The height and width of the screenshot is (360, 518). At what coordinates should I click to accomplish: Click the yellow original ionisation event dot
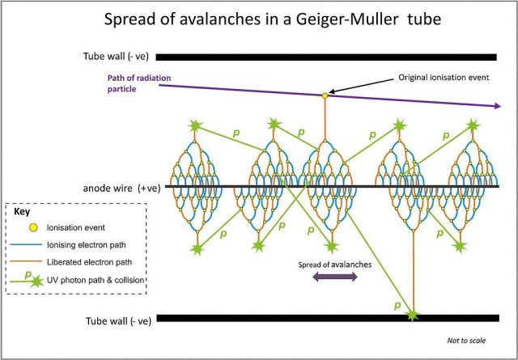(x=325, y=95)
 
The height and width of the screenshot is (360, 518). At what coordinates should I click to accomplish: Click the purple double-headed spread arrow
(x=334, y=276)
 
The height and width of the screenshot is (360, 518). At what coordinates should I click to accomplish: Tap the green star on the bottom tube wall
(x=414, y=314)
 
